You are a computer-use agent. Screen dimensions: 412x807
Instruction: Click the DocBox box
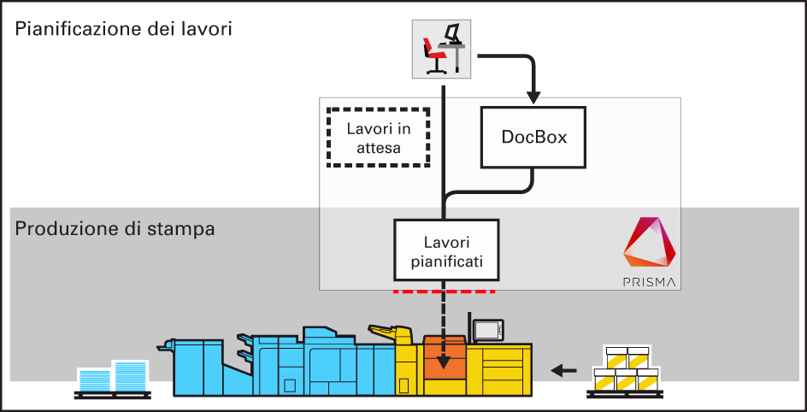pyautogui.click(x=534, y=137)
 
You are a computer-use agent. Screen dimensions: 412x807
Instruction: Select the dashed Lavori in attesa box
pyautogui.click(x=379, y=138)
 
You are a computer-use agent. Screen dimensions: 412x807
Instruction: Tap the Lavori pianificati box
pyautogui.click(x=445, y=250)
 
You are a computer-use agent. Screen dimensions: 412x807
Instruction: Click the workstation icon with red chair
pyautogui.click(x=444, y=48)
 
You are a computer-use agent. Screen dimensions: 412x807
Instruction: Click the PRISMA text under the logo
pyautogui.click(x=650, y=280)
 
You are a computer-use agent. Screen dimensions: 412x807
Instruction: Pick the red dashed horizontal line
pyautogui.click(x=445, y=291)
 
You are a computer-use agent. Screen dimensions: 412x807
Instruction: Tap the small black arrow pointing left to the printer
pyautogui.click(x=563, y=370)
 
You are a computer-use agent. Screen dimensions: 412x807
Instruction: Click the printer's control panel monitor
pyautogui.click(x=488, y=329)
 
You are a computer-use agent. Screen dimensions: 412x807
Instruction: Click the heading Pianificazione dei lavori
pyautogui.click(x=124, y=29)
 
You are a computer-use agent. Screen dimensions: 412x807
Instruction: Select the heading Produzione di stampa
pyautogui.click(x=115, y=229)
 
